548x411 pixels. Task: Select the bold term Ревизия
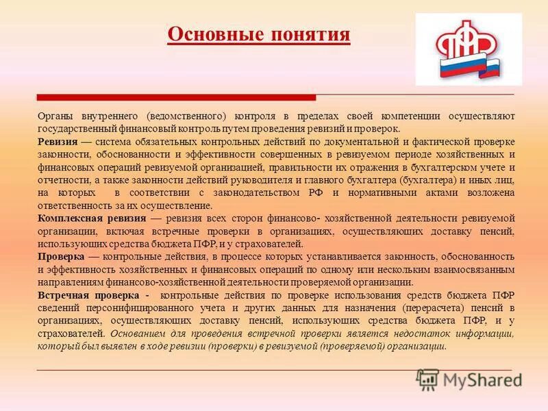coord(57,141)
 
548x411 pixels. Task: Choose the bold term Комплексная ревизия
coord(91,218)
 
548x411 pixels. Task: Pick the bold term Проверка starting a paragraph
coord(61,256)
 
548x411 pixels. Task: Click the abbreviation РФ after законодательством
coord(315,192)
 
